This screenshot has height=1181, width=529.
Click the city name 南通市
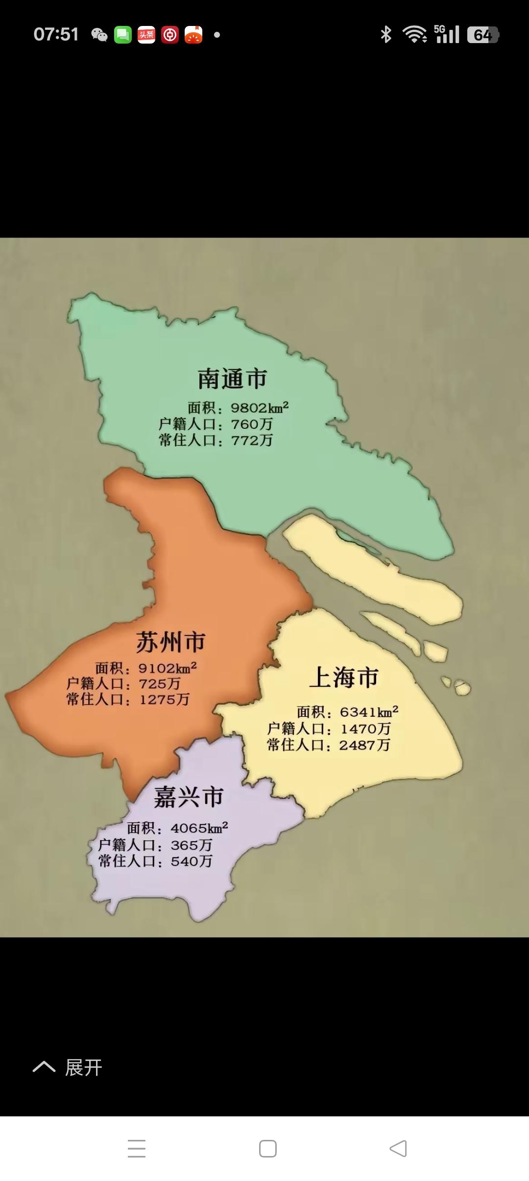(232, 379)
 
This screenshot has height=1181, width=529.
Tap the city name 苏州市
(170, 642)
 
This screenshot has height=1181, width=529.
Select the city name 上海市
(344, 678)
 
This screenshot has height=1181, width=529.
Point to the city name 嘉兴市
(189, 797)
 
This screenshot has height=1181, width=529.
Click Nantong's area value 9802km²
(260, 407)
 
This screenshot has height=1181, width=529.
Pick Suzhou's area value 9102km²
(168, 668)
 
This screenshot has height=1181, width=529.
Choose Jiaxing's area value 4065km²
(199, 828)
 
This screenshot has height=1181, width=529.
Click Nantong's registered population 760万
(252, 424)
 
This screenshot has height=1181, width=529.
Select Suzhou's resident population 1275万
(165, 699)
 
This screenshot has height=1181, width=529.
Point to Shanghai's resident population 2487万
(365, 745)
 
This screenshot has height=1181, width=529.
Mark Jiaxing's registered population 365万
(192, 845)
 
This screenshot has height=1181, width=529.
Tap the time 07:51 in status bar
(56, 34)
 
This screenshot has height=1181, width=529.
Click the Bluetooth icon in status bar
(386, 34)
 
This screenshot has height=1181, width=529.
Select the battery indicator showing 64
(482, 35)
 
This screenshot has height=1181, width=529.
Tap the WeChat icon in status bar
(99, 35)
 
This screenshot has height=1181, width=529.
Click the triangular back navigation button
(398, 1148)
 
